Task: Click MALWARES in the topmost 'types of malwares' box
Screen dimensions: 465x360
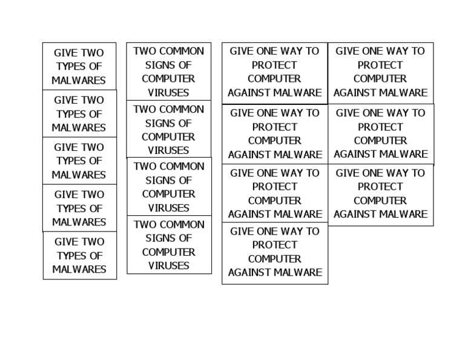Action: click(x=79, y=81)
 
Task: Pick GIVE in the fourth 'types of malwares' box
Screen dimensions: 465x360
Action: click(x=65, y=195)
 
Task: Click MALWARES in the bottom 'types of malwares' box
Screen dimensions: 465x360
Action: click(x=79, y=269)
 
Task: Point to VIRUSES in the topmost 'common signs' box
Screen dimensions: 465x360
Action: click(x=168, y=93)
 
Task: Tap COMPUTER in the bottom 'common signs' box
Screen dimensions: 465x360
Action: click(x=168, y=252)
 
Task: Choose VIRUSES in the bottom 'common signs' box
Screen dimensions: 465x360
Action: click(x=168, y=265)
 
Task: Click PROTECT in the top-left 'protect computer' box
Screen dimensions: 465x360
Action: click(x=274, y=65)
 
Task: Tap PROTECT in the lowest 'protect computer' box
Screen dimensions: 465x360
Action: click(x=275, y=245)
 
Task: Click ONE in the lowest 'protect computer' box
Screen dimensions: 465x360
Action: click(x=265, y=231)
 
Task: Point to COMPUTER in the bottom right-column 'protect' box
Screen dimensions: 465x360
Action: click(x=380, y=201)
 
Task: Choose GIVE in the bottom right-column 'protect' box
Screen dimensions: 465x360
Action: click(x=347, y=173)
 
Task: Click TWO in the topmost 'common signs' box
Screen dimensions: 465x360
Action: click(x=143, y=51)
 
